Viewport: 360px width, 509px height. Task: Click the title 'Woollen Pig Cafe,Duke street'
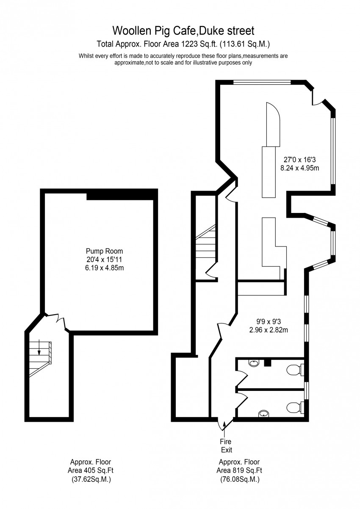click(x=183, y=31)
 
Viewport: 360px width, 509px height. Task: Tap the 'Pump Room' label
click(x=104, y=251)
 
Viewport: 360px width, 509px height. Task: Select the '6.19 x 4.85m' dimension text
click(x=104, y=268)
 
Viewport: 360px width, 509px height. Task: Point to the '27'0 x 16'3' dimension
click(x=300, y=160)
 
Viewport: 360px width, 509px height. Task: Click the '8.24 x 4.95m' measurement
click(x=300, y=168)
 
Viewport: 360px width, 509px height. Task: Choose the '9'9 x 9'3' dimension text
click(x=269, y=321)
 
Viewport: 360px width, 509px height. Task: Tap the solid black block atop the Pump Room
click(x=122, y=195)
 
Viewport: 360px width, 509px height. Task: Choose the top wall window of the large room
click(x=262, y=82)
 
